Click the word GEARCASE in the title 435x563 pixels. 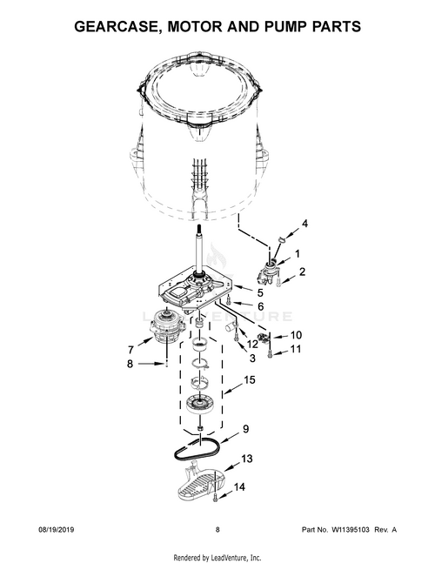pyautogui.click(x=117, y=27)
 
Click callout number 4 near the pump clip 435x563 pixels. pyautogui.click(x=304, y=224)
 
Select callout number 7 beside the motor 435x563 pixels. pyautogui.click(x=130, y=349)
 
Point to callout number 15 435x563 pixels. pyautogui.click(x=250, y=380)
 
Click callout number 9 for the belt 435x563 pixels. pyautogui.click(x=245, y=429)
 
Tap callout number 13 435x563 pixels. pyautogui.click(x=246, y=459)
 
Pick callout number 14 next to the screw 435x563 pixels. pyautogui.click(x=239, y=487)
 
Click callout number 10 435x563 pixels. pyautogui.click(x=296, y=335)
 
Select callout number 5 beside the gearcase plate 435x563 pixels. pyautogui.click(x=260, y=292)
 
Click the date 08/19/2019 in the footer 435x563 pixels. pyautogui.click(x=56, y=530)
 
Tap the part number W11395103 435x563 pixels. pyautogui.click(x=350, y=530)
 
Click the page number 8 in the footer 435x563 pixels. pyautogui.click(x=217, y=530)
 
